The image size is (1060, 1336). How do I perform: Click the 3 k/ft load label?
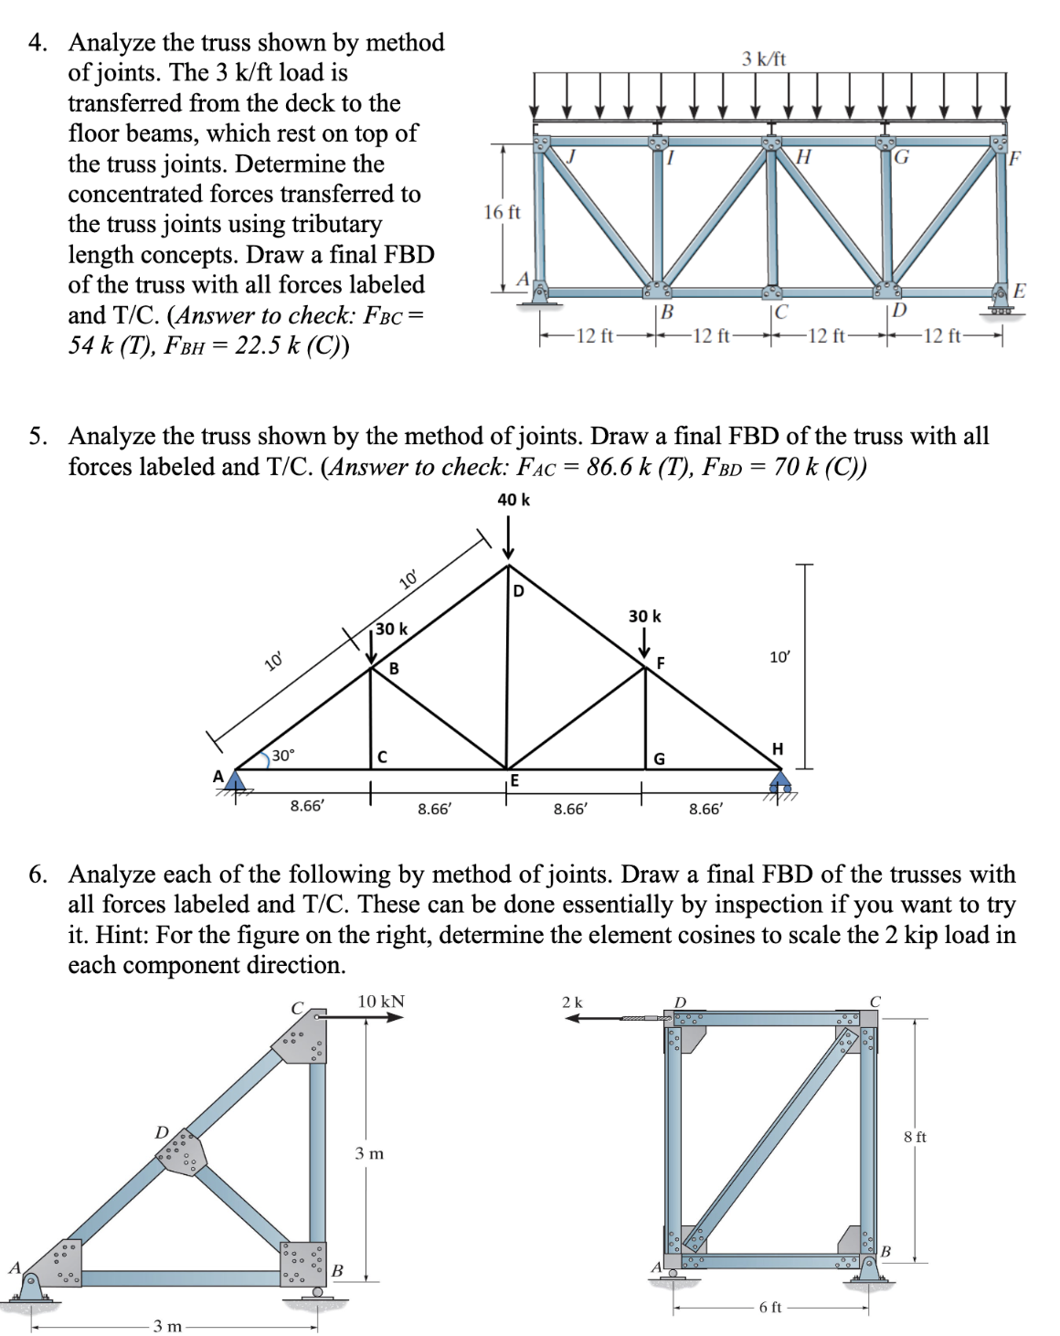click(763, 58)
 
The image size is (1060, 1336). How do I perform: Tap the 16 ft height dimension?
click(502, 212)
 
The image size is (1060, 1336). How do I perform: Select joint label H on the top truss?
click(803, 157)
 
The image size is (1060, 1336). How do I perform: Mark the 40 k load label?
click(513, 499)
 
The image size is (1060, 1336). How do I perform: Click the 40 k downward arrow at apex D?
click(508, 539)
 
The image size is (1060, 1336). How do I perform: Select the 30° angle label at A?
click(282, 756)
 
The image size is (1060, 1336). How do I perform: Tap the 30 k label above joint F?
click(644, 616)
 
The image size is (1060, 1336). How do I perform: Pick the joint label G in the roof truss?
click(659, 758)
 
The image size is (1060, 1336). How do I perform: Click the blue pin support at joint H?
click(780, 782)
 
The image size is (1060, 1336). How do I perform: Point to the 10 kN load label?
click(381, 1002)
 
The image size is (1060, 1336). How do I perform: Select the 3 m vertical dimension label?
click(369, 1153)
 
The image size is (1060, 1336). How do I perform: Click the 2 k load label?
click(572, 1002)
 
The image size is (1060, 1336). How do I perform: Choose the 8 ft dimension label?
click(915, 1137)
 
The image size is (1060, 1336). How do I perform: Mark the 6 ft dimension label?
click(770, 1307)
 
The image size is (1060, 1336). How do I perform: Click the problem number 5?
click(37, 436)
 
